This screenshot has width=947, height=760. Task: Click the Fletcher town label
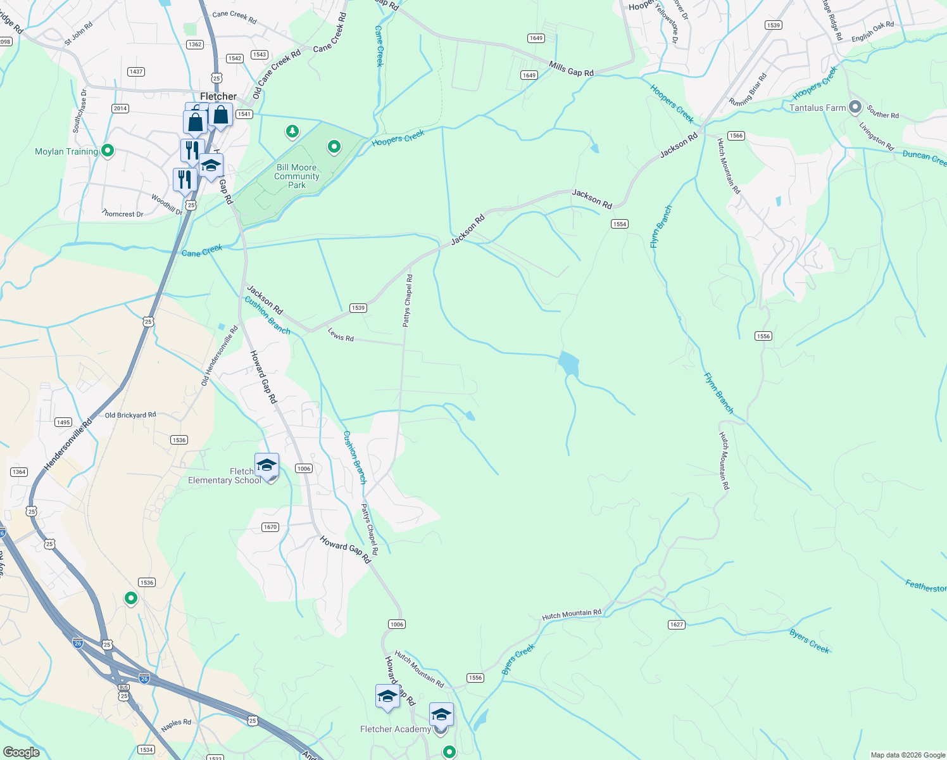218,96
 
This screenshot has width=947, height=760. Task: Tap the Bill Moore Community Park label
297,177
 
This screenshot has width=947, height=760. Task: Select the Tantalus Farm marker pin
855,107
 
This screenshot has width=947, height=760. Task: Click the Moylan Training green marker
108,151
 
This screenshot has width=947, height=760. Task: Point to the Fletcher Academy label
395,729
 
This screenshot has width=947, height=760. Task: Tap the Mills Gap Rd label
571,69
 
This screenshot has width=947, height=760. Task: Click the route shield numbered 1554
619,224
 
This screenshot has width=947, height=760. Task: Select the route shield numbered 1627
676,624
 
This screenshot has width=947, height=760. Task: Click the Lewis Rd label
341,334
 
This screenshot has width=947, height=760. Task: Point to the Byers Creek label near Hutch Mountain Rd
518,659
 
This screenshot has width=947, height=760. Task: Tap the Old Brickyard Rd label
130,415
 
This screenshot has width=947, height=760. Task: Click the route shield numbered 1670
270,527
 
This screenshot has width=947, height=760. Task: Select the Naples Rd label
176,726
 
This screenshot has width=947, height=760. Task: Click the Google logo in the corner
21,752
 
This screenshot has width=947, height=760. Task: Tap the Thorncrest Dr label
123,214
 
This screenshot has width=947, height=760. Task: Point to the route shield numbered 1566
736,136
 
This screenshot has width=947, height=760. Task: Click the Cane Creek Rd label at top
234,16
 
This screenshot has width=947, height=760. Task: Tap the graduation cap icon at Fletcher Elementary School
267,465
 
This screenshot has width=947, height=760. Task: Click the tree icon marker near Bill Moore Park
292,131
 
